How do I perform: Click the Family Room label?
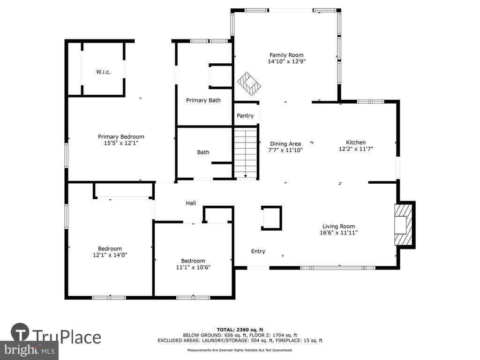(x=286, y=55)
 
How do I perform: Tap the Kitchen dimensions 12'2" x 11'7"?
(x=356, y=149)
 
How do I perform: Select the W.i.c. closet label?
(x=103, y=72)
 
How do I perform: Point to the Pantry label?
(x=245, y=116)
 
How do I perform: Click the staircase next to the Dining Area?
(x=246, y=153)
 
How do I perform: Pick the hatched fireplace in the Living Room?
(x=404, y=225)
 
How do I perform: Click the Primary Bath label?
(x=203, y=100)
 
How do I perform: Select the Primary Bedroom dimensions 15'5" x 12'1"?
(x=121, y=143)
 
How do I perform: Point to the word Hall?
(x=191, y=203)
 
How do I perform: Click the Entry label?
(x=258, y=251)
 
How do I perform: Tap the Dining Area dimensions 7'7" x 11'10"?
(x=285, y=150)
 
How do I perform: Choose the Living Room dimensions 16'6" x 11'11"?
(x=338, y=232)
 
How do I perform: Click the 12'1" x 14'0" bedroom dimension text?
(x=110, y=255)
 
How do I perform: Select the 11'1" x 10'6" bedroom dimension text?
(x=193, y=267)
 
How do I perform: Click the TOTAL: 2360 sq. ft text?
(x=240, y=330)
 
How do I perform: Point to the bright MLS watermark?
(x=30, y=350)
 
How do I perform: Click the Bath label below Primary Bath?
(x=203, y=152)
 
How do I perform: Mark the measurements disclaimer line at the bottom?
(x=240, y=350)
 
